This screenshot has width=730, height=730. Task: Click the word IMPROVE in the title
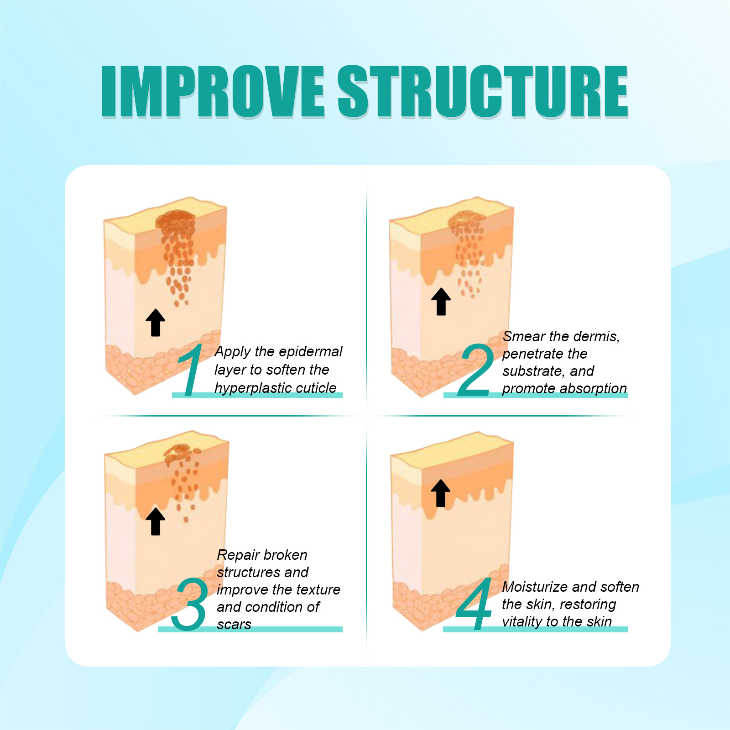coord(213,91)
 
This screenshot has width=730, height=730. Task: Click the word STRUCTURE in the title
coord(483,91)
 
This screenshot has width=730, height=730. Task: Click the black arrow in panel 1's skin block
coord(156,323)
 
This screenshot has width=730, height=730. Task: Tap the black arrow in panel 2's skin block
coord(441,302)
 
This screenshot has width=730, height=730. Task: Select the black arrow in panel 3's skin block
coord(156,521)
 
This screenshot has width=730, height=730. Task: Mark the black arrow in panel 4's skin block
coord(440,493)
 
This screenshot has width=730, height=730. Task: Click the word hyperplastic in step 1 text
coord(247,388)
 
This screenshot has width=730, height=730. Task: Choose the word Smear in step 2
coord(524,336)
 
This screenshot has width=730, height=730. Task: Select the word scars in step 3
coord(234,625)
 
